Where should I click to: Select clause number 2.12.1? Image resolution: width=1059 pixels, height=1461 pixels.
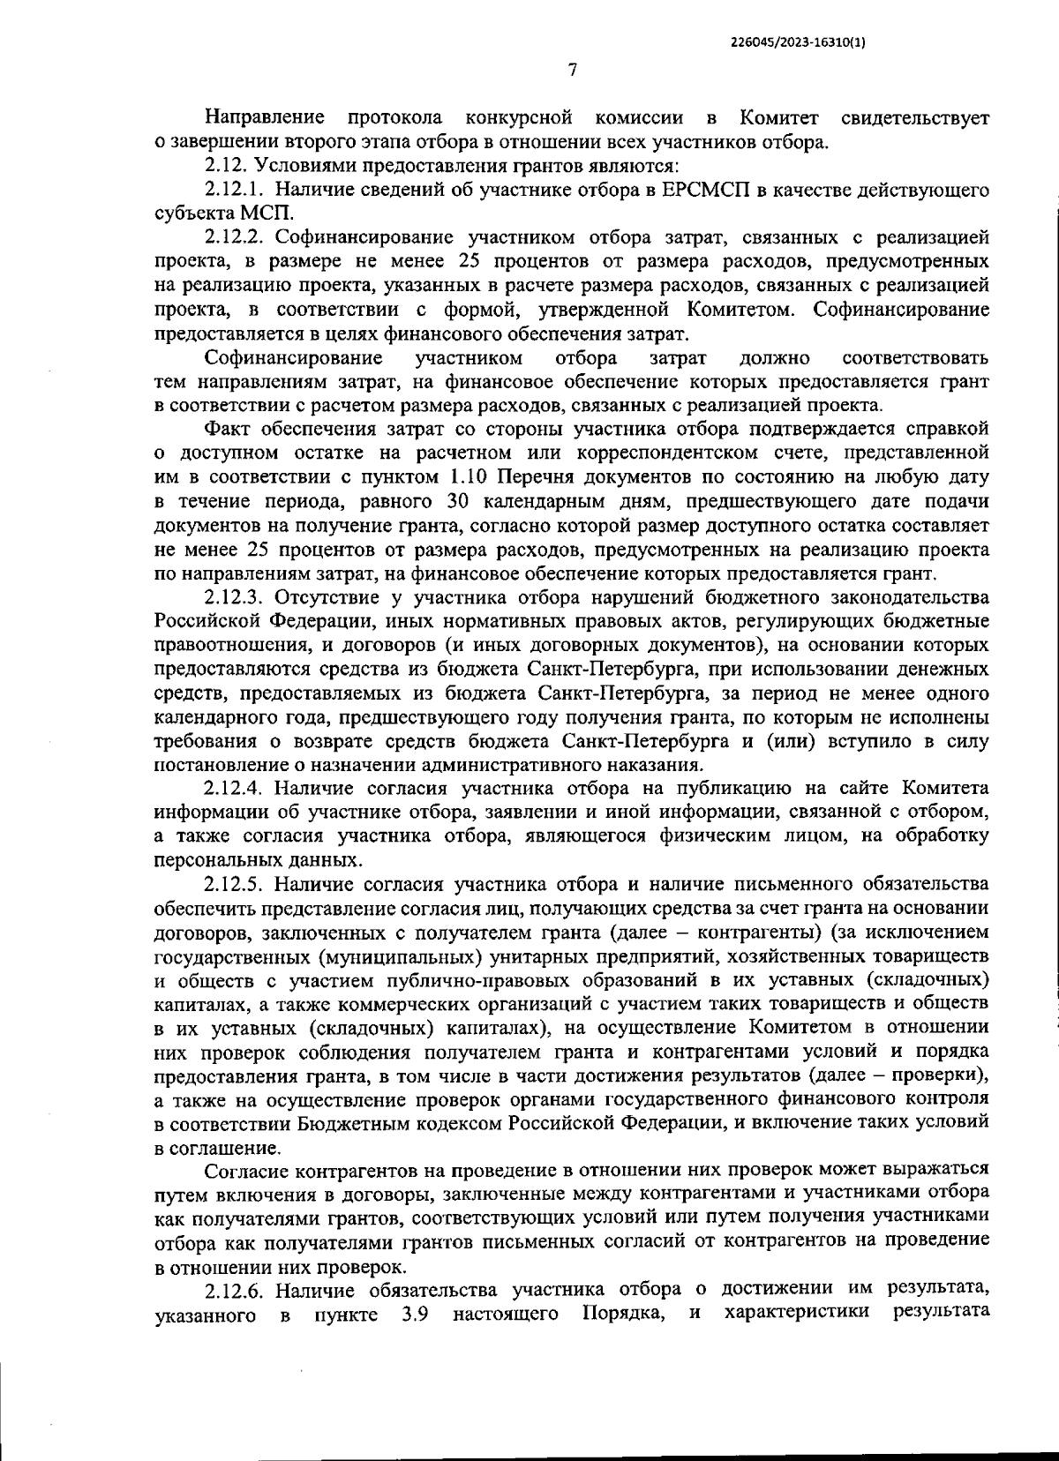(x=234, y=190)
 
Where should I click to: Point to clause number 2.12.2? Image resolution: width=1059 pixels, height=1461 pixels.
(x=236, y=237)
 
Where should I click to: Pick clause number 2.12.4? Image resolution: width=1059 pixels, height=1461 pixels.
(x=236, y=787)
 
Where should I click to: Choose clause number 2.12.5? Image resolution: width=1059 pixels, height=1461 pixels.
(x=236, y=883)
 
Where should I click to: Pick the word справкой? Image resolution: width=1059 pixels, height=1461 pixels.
(x=945, y=429)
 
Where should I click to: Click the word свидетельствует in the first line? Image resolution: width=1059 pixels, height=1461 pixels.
(x=914, y=117)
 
